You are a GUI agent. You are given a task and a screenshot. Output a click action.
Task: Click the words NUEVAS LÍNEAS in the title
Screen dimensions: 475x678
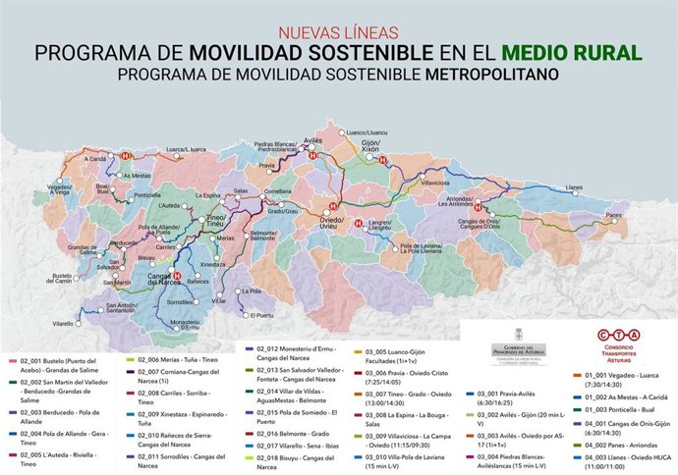coord(339,31)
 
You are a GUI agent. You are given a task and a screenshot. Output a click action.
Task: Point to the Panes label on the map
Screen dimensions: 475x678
coord(615,214)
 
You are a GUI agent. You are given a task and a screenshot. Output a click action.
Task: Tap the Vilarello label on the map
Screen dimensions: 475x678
coord(63,323)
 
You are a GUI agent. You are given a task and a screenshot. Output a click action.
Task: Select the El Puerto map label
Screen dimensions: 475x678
coord(262,315)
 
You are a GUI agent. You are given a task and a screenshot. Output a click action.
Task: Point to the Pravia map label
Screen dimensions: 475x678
coord(267,166)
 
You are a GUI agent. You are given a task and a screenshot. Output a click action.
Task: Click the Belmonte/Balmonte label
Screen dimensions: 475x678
coord(263,236)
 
